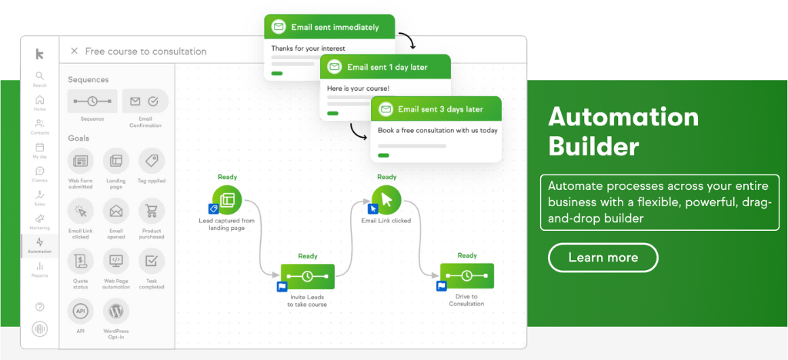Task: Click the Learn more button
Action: point(603,257)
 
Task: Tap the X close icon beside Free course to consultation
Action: point(74,51)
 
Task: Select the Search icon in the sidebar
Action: point(39,77)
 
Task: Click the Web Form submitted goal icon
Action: point(81,161)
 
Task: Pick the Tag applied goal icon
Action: point(152,161)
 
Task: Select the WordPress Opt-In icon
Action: point(116,312)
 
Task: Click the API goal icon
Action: point(81,312)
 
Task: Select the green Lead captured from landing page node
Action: point(227,200)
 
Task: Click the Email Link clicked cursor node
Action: point(386,200)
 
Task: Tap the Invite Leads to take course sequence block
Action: point(307,276)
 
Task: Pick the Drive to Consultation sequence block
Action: point(466,276)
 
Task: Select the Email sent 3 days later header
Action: point(436,109)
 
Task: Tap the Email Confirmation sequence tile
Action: point(145,101)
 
